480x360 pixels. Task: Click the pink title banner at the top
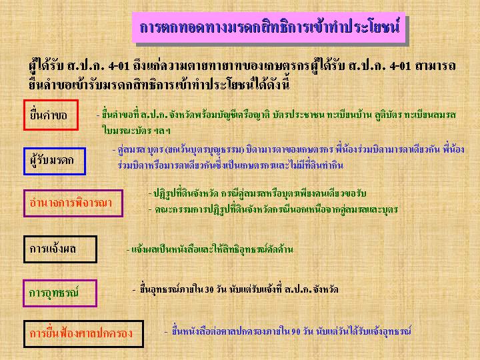pyautogui.click(x=269, y=27)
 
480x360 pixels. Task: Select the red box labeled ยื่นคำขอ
pyautogui.click(x=51, y=101)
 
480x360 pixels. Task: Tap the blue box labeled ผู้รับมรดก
pyautogui.click(x=55, y=149)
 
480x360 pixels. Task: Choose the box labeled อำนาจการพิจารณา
pyautogui.click(x=73, y=191)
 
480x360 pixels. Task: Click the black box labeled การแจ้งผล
pyautogui.click(x=60, y=237)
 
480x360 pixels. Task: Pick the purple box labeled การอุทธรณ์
pyautogui.click(x=60, y=281)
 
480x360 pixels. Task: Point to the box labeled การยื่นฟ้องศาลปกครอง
pyautogui.click(x=83, y=321)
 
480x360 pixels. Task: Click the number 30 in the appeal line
pyautogui.click(x=209, y=289)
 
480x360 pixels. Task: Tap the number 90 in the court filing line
pyautogui.click(x=295, y=331)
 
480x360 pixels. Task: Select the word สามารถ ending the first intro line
pyautogui.click(x=435, y=65)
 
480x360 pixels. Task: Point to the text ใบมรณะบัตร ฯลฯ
pyautogui.click(x=136, y=131)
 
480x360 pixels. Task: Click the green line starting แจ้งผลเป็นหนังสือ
pyautogui.click(x=210, y=249)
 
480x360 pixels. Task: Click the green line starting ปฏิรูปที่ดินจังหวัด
pyautogui.click(x=257, y=193)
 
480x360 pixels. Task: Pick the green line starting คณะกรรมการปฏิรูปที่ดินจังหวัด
pyautogui.click(x=273, y=210)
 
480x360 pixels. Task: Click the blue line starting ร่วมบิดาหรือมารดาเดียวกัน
pyautogui.click(x=231, y=165)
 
